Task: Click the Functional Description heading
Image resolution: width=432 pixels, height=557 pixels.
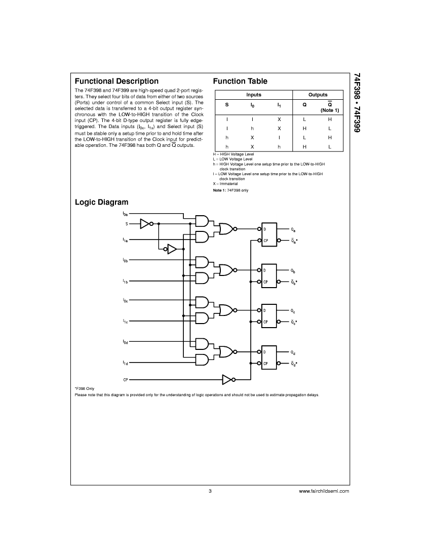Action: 116,82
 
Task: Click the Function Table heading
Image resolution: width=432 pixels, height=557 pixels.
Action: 240,81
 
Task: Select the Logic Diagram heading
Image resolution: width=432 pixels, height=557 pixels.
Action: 102,203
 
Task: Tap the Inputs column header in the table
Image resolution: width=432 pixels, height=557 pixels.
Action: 254,95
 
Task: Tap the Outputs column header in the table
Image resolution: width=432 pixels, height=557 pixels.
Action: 318,95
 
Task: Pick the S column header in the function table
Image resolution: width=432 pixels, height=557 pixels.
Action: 227,105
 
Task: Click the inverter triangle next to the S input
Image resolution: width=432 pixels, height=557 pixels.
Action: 145,224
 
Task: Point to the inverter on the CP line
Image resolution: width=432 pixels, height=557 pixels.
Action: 227,380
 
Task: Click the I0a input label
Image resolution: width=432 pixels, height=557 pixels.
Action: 125,214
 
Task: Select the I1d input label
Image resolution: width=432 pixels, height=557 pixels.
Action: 126,363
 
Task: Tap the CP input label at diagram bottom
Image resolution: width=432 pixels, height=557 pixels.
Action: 126,380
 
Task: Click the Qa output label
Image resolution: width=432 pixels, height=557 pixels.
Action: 293,230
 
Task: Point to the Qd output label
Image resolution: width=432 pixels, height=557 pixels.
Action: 293,353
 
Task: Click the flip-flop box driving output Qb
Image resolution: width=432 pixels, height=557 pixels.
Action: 269,276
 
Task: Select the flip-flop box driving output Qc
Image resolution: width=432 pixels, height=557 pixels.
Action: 269,316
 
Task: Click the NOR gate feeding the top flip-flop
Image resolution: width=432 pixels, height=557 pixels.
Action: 226,229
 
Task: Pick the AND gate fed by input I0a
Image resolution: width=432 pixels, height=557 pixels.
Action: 202,221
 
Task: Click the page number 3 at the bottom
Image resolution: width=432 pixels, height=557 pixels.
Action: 210,491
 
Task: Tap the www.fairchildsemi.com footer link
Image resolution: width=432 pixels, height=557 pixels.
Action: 324,491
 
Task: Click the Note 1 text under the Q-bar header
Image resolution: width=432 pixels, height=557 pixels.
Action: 330,110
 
